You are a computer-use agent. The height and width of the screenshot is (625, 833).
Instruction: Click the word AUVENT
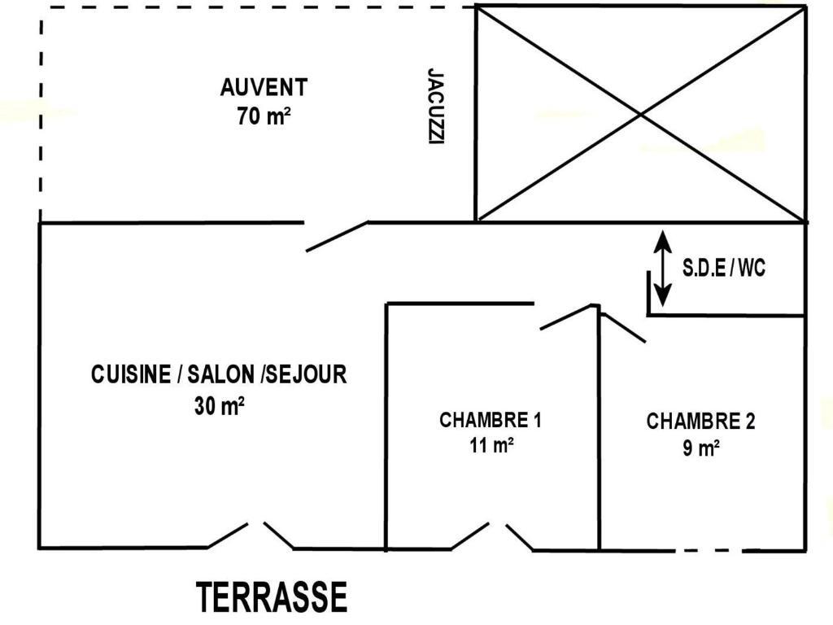pyautogui.click(x=264, y=87)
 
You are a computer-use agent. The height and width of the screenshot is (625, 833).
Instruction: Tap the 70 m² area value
pyautogui.click(x=264, y=116)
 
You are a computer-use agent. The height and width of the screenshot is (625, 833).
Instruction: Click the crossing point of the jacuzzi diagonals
pyautogui.click(x=641, y=114)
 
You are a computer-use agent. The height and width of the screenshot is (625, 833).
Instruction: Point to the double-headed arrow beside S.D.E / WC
pyautogui.click(x=664, y=269)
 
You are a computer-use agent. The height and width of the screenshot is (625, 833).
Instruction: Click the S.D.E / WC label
pyautogui.click(x=724, y=269)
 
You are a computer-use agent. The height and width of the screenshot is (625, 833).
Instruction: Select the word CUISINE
pyautogui.click(x=130, y=374)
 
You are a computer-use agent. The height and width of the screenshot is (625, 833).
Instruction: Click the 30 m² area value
pyautogui.click(x=219, y=405)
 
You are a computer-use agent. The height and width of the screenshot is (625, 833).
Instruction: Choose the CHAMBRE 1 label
pyautogui.click(x=490, y=421)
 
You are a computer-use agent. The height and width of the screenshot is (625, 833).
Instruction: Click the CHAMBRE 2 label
pyautogui.click(x=700, y=422)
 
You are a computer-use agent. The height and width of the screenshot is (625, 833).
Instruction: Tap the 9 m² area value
pyautogui.click(x=700, y=448)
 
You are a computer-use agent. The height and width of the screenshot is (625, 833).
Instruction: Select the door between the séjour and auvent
pyautogui.click(x=336, y=235)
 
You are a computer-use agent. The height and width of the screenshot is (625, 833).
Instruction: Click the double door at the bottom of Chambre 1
pyautogui.click(x=492, y=537)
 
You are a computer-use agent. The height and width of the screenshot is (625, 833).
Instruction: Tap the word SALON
pyautogui.click(x=220, y=374)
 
